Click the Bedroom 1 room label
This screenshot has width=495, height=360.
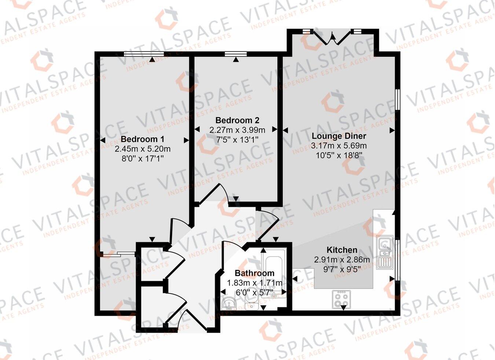(142, 139)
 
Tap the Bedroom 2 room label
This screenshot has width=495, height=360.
(237, 120)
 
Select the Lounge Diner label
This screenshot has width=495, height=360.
(339, 136)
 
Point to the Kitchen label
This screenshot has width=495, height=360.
(342, 250)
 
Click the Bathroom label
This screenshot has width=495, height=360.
(254, 273)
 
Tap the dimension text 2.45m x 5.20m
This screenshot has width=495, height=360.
(142, 149)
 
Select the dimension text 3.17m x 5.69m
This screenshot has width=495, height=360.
(339, 146)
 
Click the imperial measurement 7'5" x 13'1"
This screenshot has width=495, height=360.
(237, 139)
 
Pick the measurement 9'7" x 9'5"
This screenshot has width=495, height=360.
(342, 269)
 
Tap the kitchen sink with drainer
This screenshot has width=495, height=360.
(385, 252)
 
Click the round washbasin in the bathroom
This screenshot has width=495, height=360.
(229, 303)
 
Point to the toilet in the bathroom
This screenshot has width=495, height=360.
(252, 302)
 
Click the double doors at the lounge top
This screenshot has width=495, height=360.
(334, 37)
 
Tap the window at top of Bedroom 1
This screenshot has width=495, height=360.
(143, 54)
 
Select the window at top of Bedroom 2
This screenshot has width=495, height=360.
(236, 54)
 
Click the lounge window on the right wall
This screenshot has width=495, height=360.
(397, 99)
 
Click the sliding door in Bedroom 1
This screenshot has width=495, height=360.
(118, 253)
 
